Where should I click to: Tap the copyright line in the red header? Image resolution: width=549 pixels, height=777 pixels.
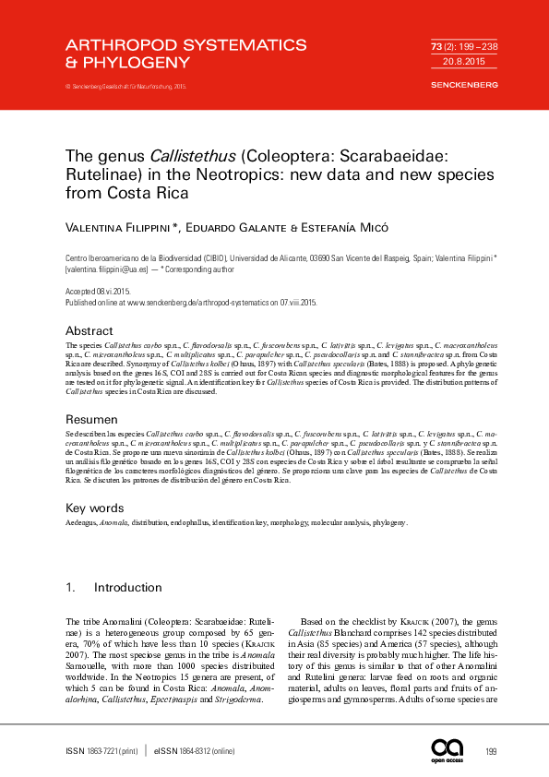125,86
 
